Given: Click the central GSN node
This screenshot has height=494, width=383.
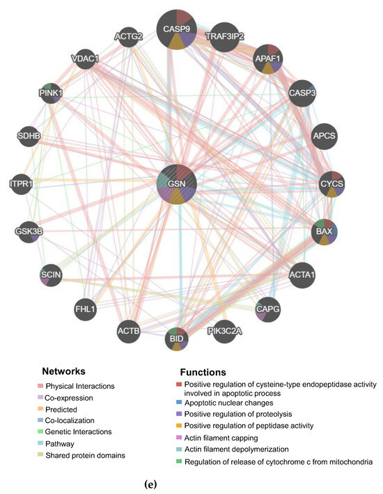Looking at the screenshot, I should click(x=178, y=184).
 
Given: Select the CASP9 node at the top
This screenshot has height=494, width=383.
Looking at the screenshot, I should click(x=176, y=29).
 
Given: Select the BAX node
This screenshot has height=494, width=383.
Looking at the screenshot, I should click(x=324, y=231).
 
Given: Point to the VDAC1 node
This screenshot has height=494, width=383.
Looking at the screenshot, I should click(x=85, y=59).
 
